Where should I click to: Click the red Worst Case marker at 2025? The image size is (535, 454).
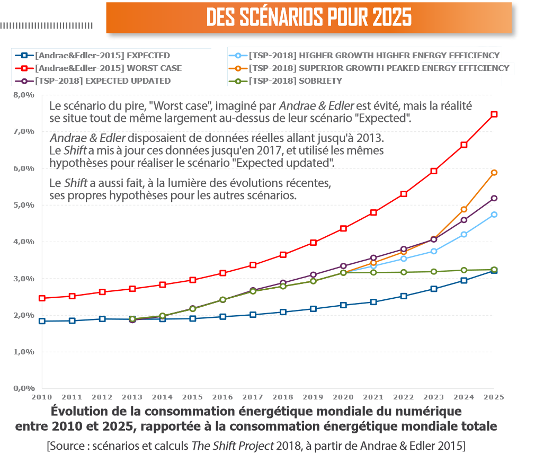pyautogui.click(x=494, y=114)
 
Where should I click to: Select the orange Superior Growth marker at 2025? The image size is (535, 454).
pyautogui.click(x=494, y=172)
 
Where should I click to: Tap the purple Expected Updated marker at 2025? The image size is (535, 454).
pyautogui.click(x=494, y=198)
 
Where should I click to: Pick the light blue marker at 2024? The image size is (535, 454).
pyautogui.click(x=464, y=234)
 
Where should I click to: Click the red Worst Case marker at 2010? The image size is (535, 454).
pyautogui.click(x=42, y=298)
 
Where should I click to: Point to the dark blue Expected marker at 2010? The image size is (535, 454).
pyautogui.click(x=42, y=321)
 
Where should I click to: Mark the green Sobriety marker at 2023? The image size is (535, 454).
pyautogui.click(x=434, y=272)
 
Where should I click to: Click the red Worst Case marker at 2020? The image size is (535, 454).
pyautogui.click(x=343, y=228)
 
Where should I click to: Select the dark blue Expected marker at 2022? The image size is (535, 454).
pyautogui.click(x=404, y=296)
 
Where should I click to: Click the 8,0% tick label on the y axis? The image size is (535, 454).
pyautogui.click(x=24, y=95)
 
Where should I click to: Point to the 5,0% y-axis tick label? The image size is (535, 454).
pyautogui.click(x=24, y=205)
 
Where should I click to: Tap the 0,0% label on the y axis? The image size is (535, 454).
pyautogui.click(x=24, y=388)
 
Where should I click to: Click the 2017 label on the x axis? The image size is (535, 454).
pyautogui.click(x=253, y=396)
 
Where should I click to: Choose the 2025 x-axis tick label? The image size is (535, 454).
pyautogui.click(x=493, y=396)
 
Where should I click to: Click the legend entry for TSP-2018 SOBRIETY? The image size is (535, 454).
pyautogui.click(x=296, y=81)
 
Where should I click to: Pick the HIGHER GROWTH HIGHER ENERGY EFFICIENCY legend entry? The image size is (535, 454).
pyautogui.click(x=374, y=56)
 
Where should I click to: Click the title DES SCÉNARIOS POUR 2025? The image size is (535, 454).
pyautogui.click(x=309, y=17)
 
